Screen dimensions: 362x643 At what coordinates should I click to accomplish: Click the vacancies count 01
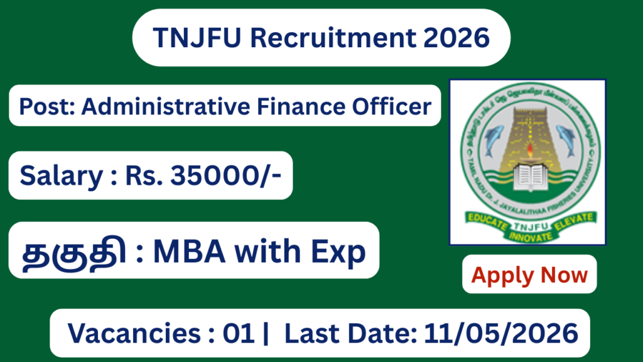click(x=238, y=333)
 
